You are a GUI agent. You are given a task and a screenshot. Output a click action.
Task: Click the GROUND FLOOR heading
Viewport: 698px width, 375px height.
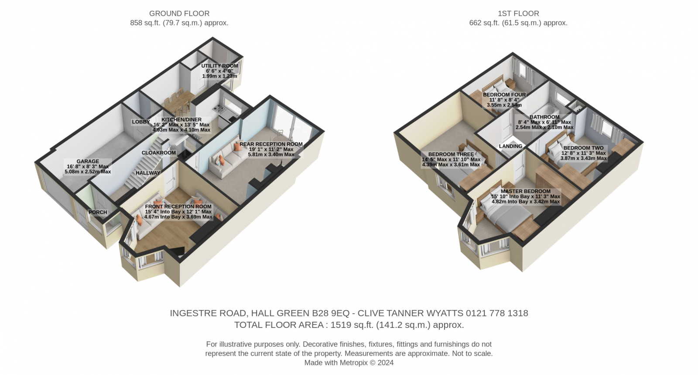179,14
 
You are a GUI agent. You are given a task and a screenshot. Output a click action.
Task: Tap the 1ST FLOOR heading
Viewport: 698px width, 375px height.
518,14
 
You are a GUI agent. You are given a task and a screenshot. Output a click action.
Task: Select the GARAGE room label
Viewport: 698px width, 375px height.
88,161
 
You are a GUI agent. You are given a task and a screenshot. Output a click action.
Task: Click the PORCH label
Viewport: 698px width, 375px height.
98,212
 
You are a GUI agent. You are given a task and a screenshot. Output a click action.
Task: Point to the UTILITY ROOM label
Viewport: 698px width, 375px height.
220,66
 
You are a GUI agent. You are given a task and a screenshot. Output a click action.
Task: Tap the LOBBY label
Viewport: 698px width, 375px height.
141,122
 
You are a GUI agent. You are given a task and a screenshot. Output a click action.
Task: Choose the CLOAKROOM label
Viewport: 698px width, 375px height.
159,153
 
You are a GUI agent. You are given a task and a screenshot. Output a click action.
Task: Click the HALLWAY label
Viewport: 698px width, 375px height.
148,173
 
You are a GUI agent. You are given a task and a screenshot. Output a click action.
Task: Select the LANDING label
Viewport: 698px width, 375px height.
510,146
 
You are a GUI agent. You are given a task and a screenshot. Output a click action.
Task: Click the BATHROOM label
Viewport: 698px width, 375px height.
544,117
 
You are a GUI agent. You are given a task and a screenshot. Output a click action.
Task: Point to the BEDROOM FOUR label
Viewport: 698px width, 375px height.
504,94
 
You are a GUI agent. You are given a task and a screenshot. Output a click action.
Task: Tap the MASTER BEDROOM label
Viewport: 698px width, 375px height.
526,191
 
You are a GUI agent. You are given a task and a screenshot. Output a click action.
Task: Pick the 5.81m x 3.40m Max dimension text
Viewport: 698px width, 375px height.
271,154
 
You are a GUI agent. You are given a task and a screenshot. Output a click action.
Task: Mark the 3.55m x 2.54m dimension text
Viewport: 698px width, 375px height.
504,105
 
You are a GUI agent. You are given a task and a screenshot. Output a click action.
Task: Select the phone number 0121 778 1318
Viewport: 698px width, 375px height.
497,313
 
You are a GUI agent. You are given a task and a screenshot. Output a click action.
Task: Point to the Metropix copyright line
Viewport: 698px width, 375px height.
349,363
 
